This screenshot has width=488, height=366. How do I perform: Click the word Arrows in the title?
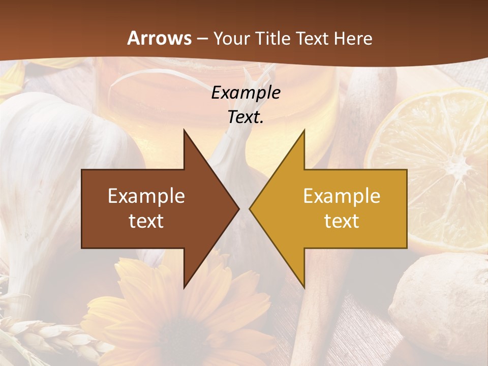tap(160, 38)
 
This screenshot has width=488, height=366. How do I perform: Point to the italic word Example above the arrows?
tap(246, 93)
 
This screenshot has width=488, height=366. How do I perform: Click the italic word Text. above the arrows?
tap(246, 117)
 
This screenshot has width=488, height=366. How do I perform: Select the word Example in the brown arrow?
tap(146, 196)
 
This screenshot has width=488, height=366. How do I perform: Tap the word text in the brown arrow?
tap(146, 221)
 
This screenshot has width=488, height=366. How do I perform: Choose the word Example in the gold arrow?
tap(342, 196)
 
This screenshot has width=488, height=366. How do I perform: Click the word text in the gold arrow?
tap(342, 221)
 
